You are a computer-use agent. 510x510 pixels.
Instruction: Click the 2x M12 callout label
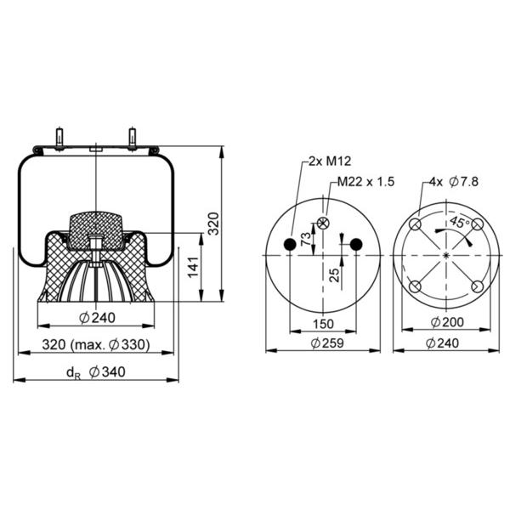pyautogui.click(x=330, y=161)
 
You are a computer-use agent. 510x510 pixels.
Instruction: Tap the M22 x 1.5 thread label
pyautogui.click(x=365, y=182)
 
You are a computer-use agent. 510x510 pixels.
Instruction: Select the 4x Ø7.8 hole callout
pyautogui.click(x=453, y=182)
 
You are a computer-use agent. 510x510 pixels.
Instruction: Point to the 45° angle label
pyautogui.click(x=459, y=223)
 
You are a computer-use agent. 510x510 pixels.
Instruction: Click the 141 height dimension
pyautogui.click(x=194, y=267)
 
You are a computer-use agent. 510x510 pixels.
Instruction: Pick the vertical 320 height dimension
pyautogui.click(x=213, y=224)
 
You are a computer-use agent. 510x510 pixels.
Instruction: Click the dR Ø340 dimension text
pyautogui.click(x=96, y=372)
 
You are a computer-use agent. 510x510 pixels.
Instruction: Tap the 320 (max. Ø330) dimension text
pyautogui.click(x=96, y=345)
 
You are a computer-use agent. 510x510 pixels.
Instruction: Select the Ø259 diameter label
pyautogui.click(x=327, y=343)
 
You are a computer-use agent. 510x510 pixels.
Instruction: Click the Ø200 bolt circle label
pyautogui.click(x=447, y=322)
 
